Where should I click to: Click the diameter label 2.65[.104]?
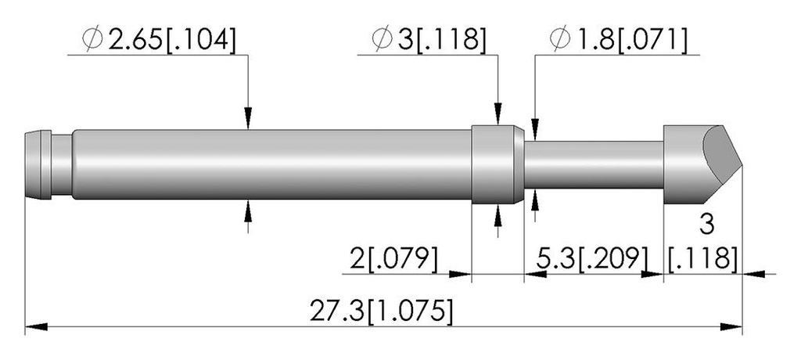pyautogui.click(x=160, y=39)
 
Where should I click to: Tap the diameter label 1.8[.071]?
pyautogui.click(x=619, y=39)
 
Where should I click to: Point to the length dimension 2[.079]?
pyautogui.click(x=394, y=259)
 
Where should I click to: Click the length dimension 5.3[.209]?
pyautogui.click(x=592, y=259)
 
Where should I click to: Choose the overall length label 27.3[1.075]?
pyautogui.click(x=381, y=311)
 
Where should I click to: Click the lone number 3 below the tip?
pyautogui.click(x=706, y=225)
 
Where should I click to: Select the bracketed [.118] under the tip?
pyautogui.click(x=702, y=259)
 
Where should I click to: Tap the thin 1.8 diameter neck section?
pyautogui.click(x=594, y=164)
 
